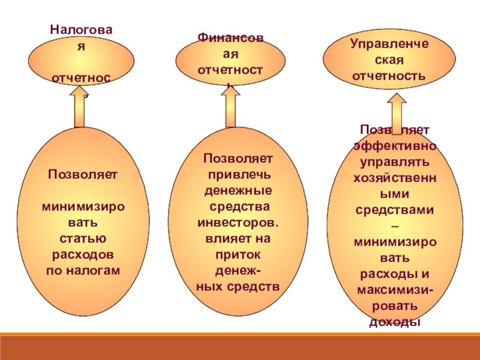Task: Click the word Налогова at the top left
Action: point(83,28)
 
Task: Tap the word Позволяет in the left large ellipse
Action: point(83,175)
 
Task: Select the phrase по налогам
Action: point(83,271)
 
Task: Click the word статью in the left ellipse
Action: point(83,239)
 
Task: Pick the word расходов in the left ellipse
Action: point(83,255)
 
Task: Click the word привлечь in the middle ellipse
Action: point(239,175)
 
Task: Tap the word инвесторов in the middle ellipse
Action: point(239,223)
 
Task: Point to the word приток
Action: point(239,254)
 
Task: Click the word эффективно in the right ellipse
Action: point(395,146)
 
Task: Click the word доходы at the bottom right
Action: point(394,322)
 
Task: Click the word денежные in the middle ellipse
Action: point(239,191)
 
